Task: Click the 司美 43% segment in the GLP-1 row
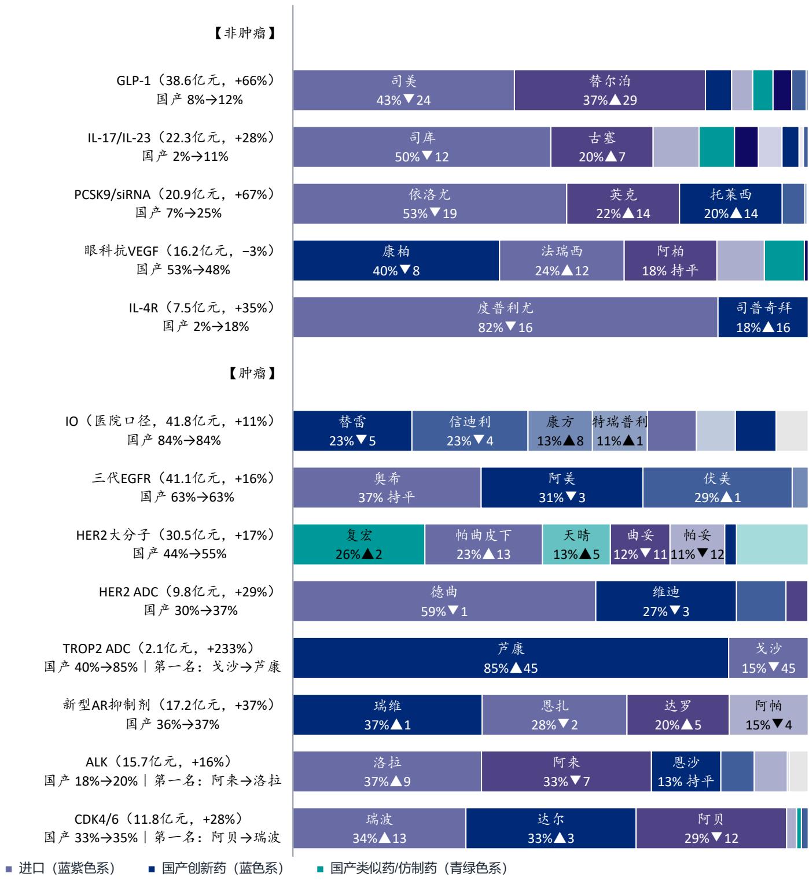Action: coord(403,90)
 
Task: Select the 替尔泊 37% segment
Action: coord(609,90)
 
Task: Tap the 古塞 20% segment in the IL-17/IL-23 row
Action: coord(602,147)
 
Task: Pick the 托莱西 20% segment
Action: coord(730,204)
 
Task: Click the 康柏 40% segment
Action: coord(396,260)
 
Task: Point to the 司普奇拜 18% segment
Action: coord(763,317)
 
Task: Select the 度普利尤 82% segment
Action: coord(505,317)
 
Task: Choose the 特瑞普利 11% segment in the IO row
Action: coord(620,430)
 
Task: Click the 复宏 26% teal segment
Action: coord(359,544)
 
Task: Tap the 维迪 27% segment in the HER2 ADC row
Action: coord(665,601)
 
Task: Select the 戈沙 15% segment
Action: coord(768,658)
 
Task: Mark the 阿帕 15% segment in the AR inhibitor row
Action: coord(768,714)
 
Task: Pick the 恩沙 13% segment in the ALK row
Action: coord(686,771)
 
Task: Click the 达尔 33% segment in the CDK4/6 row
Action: coord(550,827)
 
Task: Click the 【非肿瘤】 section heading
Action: coord(245,33)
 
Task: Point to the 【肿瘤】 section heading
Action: coord(252,373)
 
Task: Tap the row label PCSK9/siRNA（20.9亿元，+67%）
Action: coord(175,194)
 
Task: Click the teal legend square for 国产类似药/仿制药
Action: coord(321,869)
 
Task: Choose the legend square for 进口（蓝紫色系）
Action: coord(8,869)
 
